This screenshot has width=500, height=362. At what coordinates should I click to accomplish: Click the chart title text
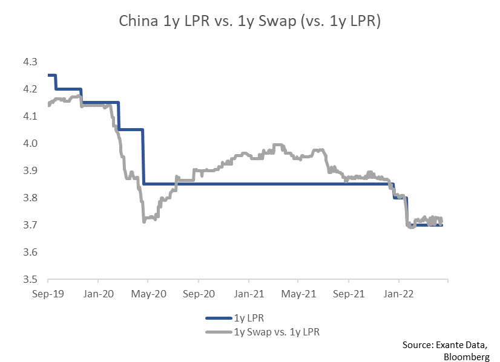(249, 22)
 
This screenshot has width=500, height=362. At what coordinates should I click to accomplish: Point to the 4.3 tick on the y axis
(30, 62)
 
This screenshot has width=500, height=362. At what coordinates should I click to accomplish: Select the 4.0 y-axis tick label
(30, 144)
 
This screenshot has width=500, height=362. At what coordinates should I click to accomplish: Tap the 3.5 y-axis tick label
(30, 280)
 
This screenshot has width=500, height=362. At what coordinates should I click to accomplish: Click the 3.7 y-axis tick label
(30, 225)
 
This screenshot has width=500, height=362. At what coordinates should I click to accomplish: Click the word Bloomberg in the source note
(468, 356)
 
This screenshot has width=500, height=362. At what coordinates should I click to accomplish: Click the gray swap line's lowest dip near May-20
(144, 221)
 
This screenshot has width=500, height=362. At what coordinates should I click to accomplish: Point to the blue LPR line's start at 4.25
(48, 76)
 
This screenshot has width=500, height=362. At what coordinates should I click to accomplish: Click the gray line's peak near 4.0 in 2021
(277, 145)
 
